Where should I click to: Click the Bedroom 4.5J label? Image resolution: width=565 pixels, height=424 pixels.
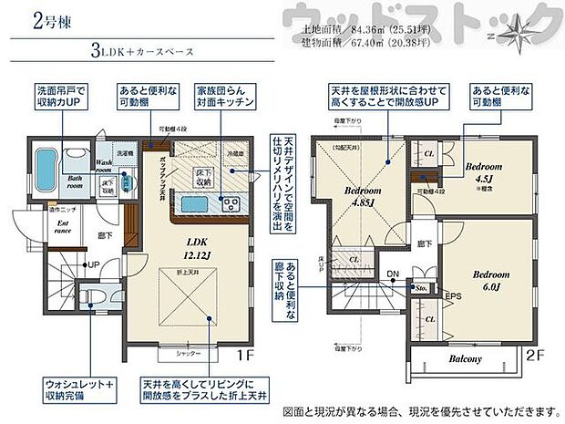pyautogui.click(x=483, y=171)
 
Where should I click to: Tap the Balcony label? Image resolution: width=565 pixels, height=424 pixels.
pyautogui.click(x=464, y=359)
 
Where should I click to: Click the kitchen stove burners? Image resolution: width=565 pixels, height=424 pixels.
pyautogui.click(x=229, y=202)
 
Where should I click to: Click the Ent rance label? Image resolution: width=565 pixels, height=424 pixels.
pyautogui.click(x=39, y=226)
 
